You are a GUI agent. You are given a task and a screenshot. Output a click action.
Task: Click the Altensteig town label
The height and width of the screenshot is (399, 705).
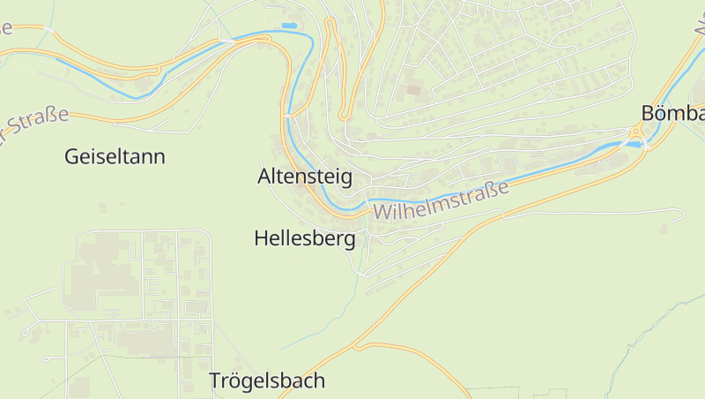tap(305, 177)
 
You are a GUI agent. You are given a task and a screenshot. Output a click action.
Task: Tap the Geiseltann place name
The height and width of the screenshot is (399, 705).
tap(115, 157)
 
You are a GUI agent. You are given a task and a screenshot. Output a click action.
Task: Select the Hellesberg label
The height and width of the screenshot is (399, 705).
tap(305, 238)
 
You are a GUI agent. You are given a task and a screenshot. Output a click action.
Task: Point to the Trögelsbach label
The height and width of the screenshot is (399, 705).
tap(267, 381)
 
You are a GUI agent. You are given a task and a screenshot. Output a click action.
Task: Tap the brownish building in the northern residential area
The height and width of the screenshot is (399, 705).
tap(413, 89)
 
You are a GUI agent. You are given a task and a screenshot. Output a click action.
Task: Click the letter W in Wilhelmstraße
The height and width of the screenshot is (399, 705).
tap(382, 213)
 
